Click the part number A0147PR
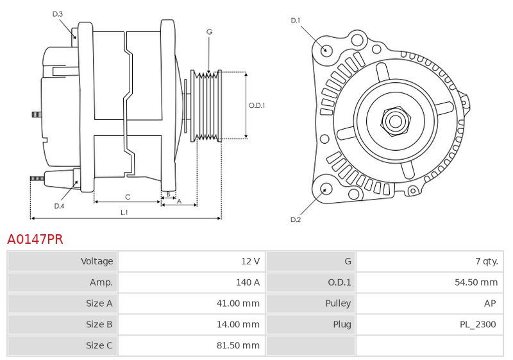coord(35,239)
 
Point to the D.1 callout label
coord(296,21)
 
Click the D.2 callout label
coord(296,219)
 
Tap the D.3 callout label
coord(58,13)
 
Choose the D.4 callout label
coord(59,206)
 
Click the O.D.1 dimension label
coord(257,106)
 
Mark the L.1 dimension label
coord(124,212)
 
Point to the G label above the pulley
coord(210,31)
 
